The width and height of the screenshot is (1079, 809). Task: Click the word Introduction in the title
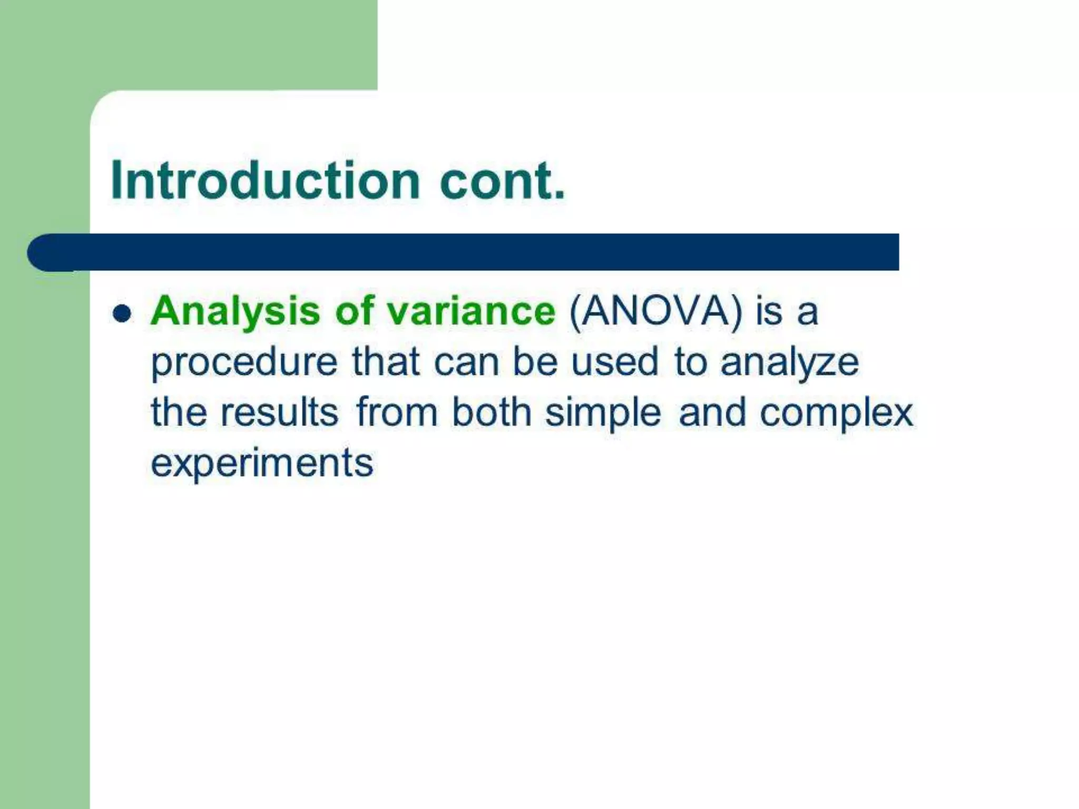(x=265, y=180)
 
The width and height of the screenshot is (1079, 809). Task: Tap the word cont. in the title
(x=502, y=180)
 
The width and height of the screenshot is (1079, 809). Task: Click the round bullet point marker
(x=122, y=314)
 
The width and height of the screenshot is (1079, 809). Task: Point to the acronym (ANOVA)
(x=655, y=311)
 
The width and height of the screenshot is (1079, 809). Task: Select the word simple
(x=603, y=413)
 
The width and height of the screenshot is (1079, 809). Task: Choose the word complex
(x=836, y=413)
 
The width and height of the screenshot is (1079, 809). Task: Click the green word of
(x=355, y=311)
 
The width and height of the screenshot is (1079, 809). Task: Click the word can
(x=466, y=362)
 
